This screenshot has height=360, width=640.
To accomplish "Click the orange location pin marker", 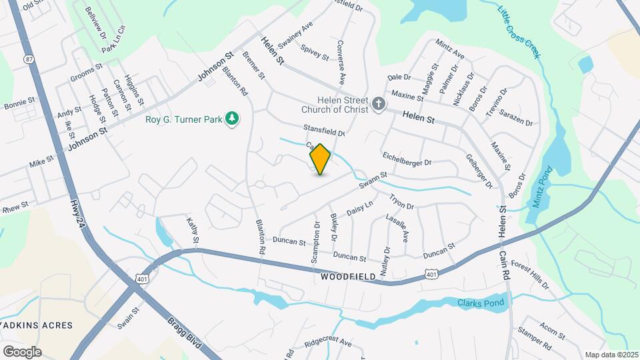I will pyautogui.click(x=320, y=159).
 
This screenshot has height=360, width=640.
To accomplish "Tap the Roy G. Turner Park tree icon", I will pyautogui.click(x=232, y=119).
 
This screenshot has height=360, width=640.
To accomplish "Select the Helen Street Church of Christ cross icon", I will pyautogui.click(x=379, y=103).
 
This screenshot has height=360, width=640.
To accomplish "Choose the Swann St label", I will pyautogui.click(x=373, y=179).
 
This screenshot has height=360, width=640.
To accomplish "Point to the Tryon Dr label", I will pyautogui.click(x=402, y=202).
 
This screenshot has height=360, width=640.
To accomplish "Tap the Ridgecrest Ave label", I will pyautogui.click(x=327, y=342).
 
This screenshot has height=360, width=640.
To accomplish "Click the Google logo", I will pyautogui.click(x=22, y=351).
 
